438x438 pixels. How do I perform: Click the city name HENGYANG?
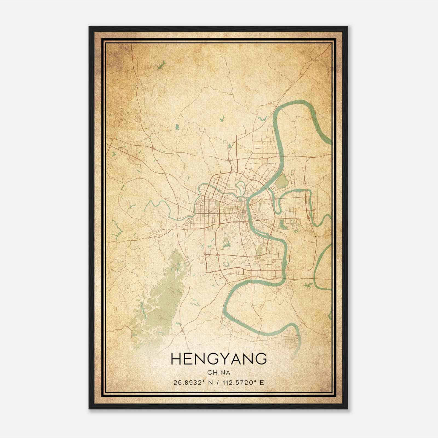point(219,359)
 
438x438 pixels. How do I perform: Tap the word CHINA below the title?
point(219,373)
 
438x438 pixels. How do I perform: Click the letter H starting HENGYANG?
point(176,359)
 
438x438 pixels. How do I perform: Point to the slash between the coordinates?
point(218,383)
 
